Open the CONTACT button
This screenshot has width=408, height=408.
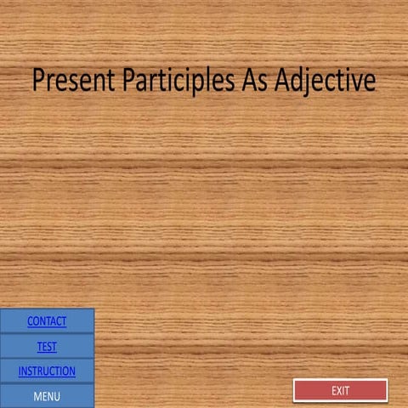[x=47, y=321]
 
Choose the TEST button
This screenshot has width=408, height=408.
[x=47, y=346]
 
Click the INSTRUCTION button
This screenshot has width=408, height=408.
[x=47, y=371]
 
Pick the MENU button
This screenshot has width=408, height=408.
[x=47, y=395]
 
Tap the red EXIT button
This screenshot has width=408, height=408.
[x=340, y=390]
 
